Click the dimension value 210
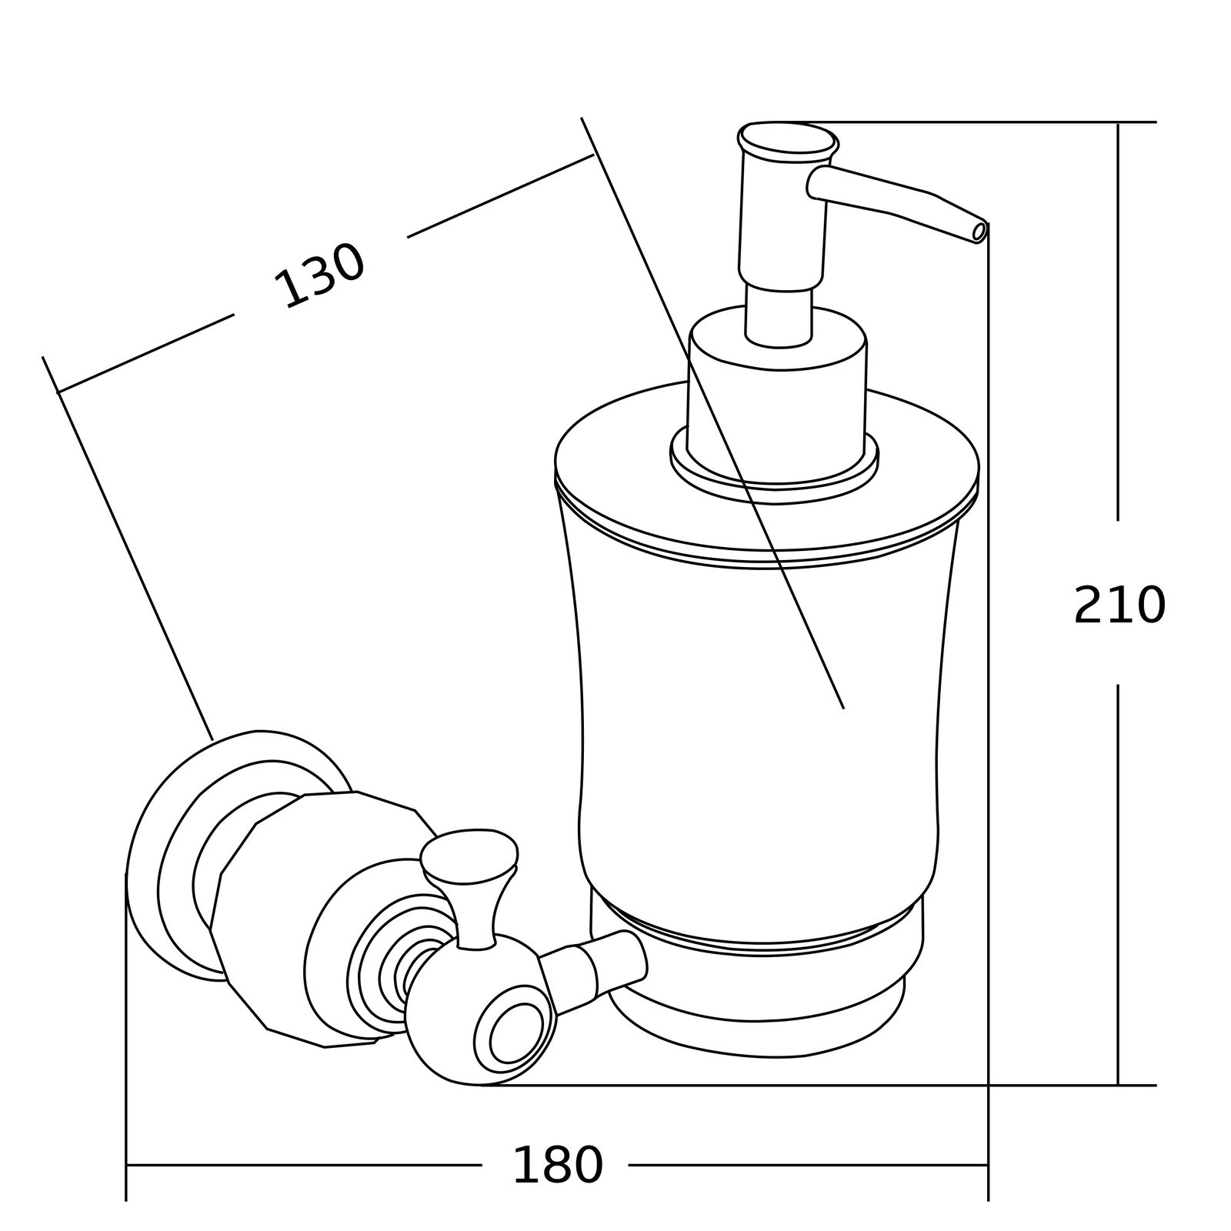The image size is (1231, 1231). point(1119,605)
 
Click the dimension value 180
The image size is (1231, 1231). point(557,1165)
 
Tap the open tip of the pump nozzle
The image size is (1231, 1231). point(979,232)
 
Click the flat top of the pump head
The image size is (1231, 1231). point(788,142)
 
